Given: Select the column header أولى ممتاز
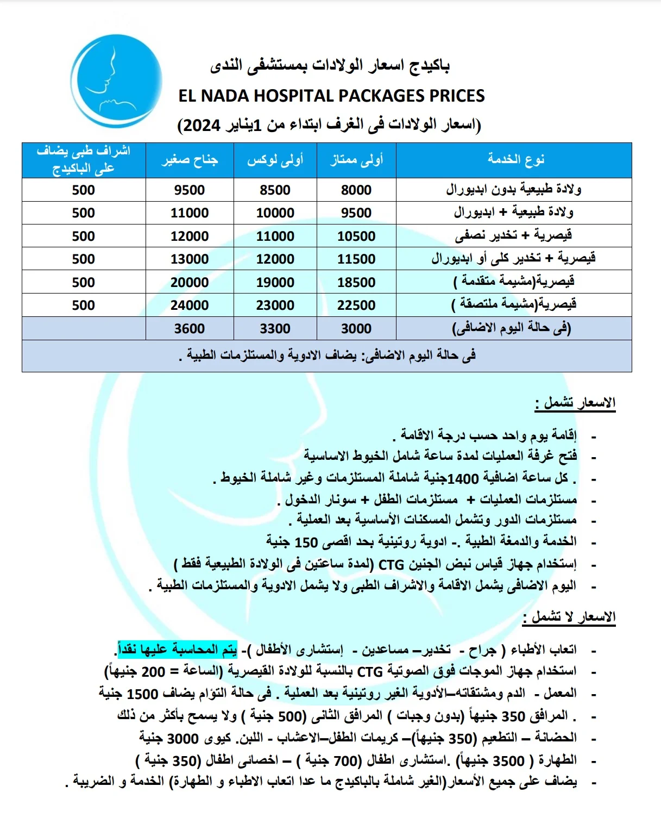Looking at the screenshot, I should (357, 160).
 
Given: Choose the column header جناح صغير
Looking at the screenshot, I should (190, 160).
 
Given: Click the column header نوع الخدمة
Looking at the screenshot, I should (515, 159).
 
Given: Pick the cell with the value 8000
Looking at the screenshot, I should (356, 190).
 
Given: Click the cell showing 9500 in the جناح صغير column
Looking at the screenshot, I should (190, 190).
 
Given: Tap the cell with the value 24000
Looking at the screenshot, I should (190, 305).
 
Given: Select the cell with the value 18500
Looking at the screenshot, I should (356, 283).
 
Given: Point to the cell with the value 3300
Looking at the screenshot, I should (275, 329).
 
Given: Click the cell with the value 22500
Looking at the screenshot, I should (356, 305).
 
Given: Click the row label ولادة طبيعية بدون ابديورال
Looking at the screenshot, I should (514, 190).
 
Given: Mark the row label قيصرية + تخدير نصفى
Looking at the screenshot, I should (513, 236).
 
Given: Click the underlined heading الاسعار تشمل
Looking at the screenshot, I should (576, 403).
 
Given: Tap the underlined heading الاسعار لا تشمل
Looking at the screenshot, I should (569, 617).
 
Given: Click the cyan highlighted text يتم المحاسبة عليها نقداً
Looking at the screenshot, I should (178, 650).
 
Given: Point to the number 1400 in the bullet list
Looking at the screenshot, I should (463, 478).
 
